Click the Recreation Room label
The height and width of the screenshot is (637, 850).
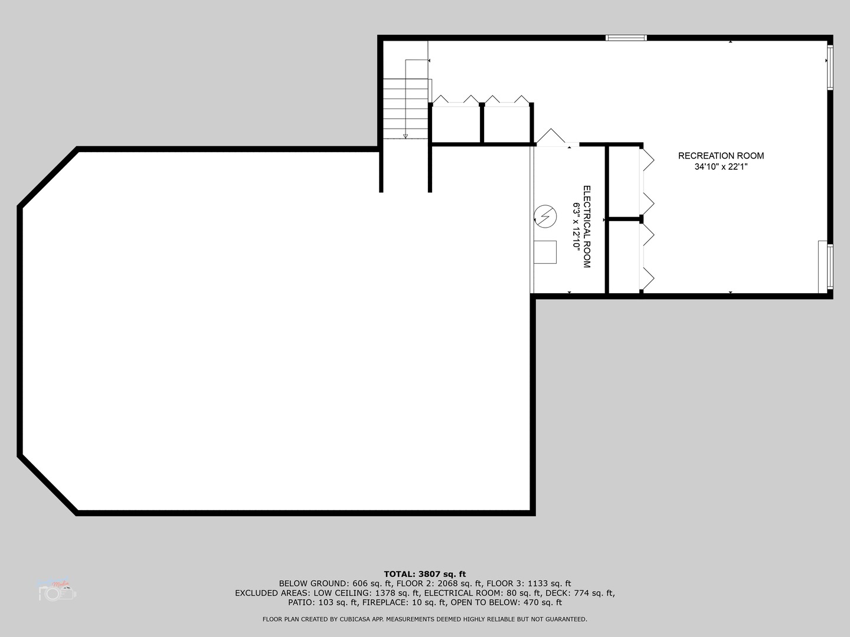point(721,156)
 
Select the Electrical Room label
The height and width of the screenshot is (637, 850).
point(587,227)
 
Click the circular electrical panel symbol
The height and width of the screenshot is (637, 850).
point(545,216)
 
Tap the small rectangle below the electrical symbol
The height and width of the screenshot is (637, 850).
point(545,252)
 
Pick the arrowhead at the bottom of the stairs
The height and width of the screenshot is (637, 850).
point(406,136)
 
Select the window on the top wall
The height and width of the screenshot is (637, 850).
point(626,38)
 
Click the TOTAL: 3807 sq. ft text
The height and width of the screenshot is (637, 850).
point(425,574)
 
